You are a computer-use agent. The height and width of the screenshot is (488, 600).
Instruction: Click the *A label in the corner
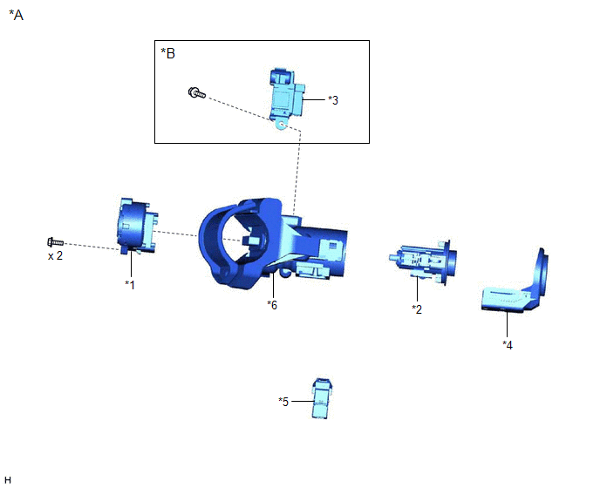click(16, 16)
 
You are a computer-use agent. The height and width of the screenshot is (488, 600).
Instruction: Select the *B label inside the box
click(168, 53)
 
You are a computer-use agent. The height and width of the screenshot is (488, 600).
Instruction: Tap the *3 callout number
click(333, 100)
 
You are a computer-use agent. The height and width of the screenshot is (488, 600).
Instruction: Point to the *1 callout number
click(130, 285)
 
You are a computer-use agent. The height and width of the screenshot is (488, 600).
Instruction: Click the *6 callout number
click(272, 305)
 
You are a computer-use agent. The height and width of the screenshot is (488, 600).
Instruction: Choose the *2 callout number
click(417, 309)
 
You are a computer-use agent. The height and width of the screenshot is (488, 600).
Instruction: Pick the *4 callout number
click(508, 345)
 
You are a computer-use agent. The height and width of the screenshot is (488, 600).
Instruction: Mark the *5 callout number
click(283, 402)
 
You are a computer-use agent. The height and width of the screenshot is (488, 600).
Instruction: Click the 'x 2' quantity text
click(55, 255)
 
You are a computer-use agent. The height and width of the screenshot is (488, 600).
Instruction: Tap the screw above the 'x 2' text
click(55, 242)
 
